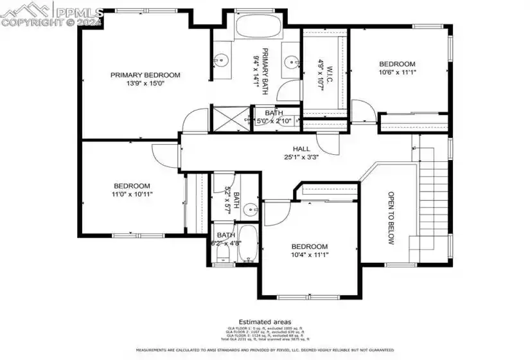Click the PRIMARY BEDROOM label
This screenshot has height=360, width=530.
[145, 75]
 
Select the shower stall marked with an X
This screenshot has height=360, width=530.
[231, 118]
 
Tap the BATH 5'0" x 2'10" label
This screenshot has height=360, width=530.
[274, 117]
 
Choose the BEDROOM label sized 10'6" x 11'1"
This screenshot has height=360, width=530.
[397, 64]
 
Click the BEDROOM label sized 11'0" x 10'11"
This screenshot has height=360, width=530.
[132, 186]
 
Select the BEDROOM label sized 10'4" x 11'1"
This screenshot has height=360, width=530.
[310, 246]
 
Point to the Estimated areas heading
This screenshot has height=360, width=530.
[265, 321]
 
